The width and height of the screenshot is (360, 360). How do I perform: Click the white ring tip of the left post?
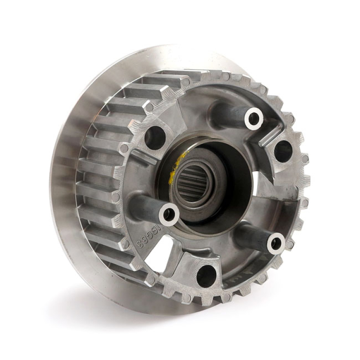[x=170, y=214]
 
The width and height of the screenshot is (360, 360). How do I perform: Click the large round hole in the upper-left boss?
[x=155, y=138]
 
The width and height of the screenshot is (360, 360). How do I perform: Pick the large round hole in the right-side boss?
[x=283, y=151]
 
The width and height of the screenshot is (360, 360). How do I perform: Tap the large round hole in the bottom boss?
[x=207, y=275]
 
